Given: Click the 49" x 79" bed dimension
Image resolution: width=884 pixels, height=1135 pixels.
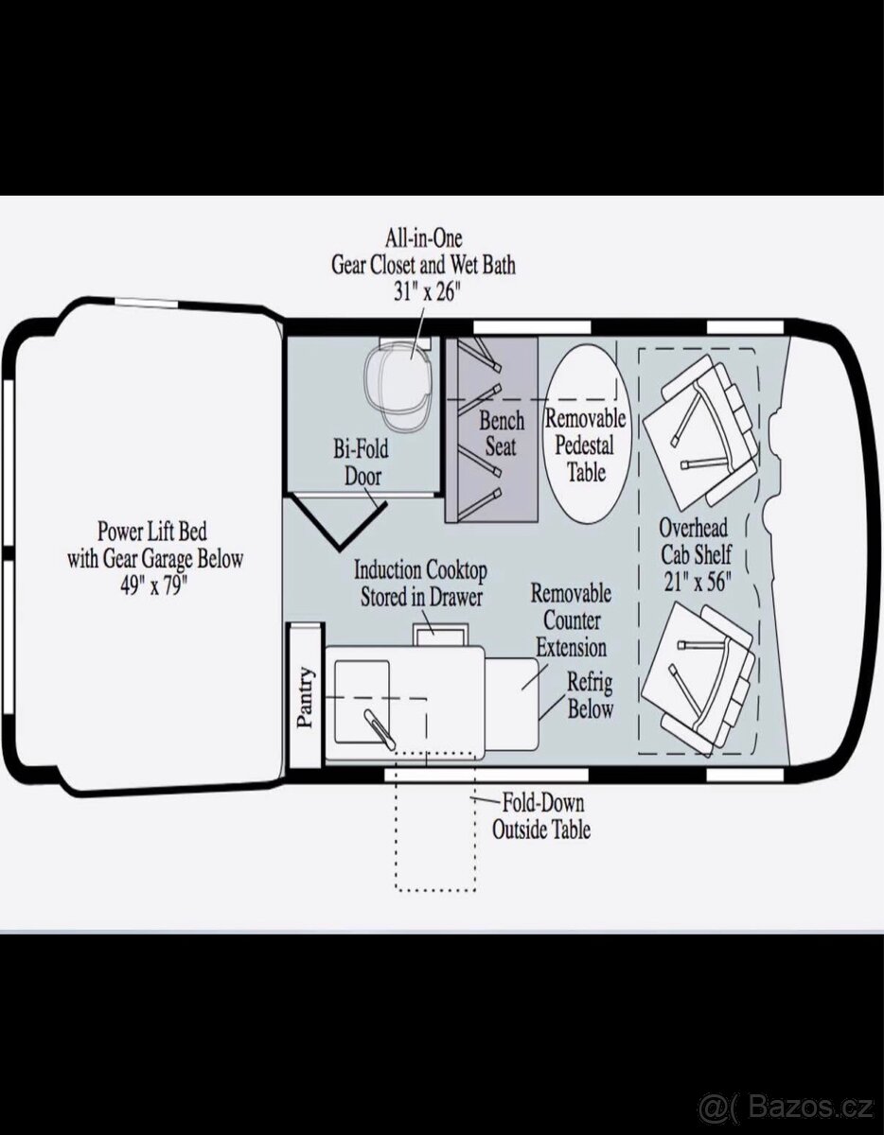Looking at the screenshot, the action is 153,585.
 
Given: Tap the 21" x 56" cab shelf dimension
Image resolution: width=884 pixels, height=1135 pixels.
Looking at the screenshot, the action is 697,582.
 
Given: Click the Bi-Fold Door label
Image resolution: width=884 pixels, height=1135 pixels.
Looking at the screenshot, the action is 361,463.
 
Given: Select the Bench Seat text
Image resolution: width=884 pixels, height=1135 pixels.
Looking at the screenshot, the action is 502,433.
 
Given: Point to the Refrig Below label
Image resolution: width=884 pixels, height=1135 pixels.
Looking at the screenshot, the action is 591,695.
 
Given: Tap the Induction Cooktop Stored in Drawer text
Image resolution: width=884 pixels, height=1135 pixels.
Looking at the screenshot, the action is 420,584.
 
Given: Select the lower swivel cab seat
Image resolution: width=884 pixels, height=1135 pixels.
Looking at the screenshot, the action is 698,677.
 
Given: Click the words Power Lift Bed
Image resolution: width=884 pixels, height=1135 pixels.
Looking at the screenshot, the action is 152,532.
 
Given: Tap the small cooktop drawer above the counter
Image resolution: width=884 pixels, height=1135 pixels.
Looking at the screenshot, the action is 439,634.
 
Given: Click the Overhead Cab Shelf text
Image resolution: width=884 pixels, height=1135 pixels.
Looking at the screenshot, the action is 696,541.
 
